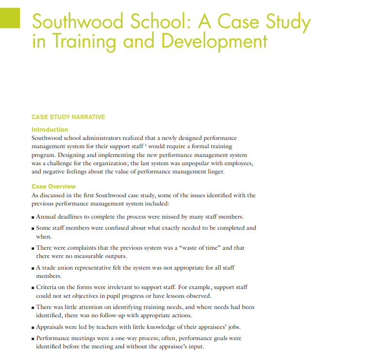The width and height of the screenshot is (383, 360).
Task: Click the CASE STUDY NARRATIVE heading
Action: pos(68,117)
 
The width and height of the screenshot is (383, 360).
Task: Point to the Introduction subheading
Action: pos(50,130)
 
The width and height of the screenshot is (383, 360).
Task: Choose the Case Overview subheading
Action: pos(53,187)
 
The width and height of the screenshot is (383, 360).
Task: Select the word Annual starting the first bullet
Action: pos(46,216)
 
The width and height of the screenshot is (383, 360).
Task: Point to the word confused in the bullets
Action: pos(110,227)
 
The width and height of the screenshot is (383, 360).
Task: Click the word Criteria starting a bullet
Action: pos(48,288)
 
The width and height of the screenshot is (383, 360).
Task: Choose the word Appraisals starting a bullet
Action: pos(51,326)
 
